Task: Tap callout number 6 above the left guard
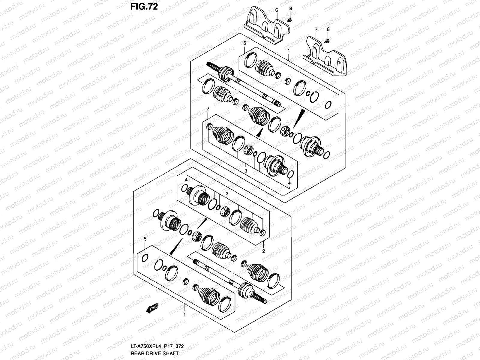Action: pos(277,10)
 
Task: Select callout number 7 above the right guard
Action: pos(316,29)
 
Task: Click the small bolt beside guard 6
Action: pos(290,19)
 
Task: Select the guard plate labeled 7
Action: pos(325,58)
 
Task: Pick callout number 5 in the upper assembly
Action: pos(244,43)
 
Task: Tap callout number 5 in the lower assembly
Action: pos(145,239)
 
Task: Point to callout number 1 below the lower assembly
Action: pos(185,315)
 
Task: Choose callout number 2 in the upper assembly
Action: pos(207,108)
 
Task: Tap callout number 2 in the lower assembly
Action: pos(263,251)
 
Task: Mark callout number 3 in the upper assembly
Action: pos(246,171)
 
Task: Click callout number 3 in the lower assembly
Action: pos(227,194)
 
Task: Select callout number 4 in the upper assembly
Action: pos(289,183)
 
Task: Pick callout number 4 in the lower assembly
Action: pos(186,180)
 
